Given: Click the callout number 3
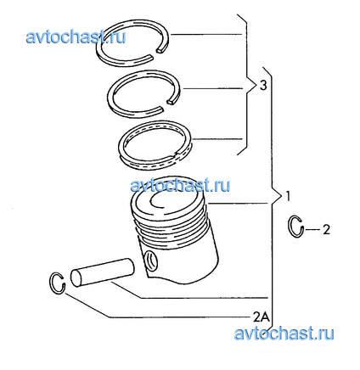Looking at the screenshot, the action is [x=263, y=85].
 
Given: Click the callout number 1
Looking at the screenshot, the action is [x=288, y=196].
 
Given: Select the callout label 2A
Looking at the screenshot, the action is [x=262, y=317].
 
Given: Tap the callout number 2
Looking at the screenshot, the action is [x=326, y=229].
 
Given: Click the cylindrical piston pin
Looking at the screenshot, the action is [x=102, y=272].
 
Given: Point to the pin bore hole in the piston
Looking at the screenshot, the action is [x=150, y=261].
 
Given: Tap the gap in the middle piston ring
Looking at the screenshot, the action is [x=167, y=104].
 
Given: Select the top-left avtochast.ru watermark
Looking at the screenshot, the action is [x=76, y=36].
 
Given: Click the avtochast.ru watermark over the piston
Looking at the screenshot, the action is [x=180, y=186].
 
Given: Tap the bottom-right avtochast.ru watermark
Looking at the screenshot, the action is [x=284, y=334].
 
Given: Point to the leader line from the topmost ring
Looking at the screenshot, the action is [x=206, y=35].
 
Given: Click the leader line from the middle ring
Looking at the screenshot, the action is [x=212, y=88].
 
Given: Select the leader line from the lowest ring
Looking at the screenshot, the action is [x=217, y=139].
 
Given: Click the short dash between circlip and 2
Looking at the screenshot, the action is [x=312, y=229].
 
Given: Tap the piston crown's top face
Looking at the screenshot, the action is [x=168, y=197].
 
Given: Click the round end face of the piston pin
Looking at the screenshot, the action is [x=76, y=278].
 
